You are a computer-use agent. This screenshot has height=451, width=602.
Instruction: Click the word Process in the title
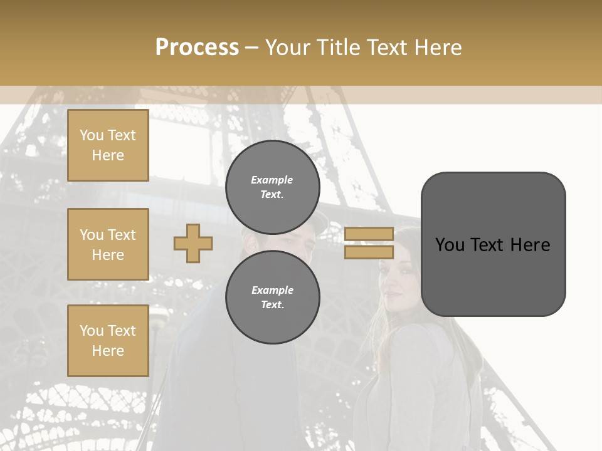(x=197, y=47)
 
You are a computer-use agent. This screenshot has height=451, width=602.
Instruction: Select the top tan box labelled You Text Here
(x=108, y=145)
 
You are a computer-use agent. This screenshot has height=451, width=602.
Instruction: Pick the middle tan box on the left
(x=108, y=244)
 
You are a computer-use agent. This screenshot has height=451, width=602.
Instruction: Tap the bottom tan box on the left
(x=108, y=341)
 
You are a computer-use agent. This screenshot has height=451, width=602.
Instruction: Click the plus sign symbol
(x=193, y=243)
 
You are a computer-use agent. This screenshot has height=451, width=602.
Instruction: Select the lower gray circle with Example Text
(x=272, y=297)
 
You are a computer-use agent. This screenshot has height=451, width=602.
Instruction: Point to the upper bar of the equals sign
(x=369, y=234)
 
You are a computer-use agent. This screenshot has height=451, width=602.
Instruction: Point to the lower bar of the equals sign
(x=369, y=252)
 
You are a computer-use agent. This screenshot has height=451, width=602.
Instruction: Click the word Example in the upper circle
(x=272, y=180)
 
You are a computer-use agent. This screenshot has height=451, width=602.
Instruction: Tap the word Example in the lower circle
(x=272, y=290)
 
